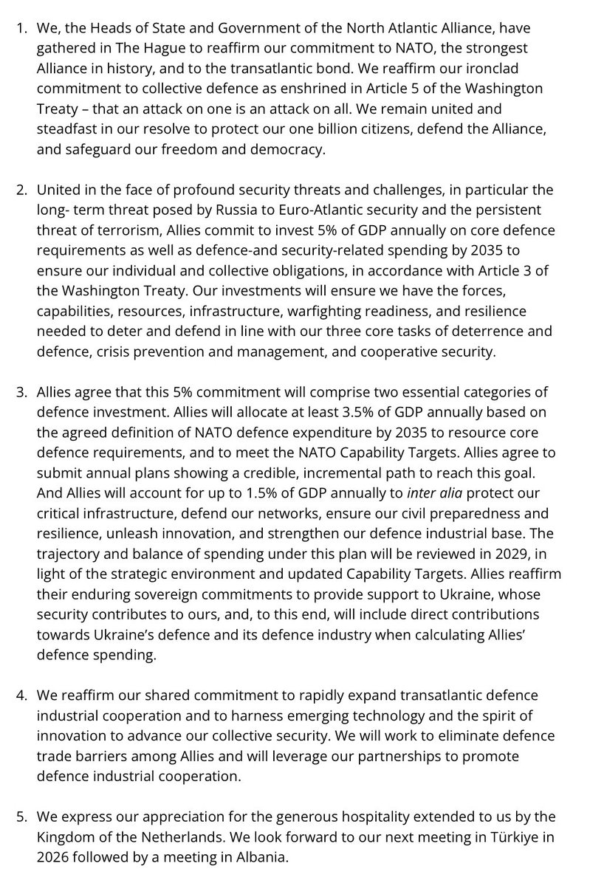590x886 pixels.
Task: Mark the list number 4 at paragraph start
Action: tap(21, 696)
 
